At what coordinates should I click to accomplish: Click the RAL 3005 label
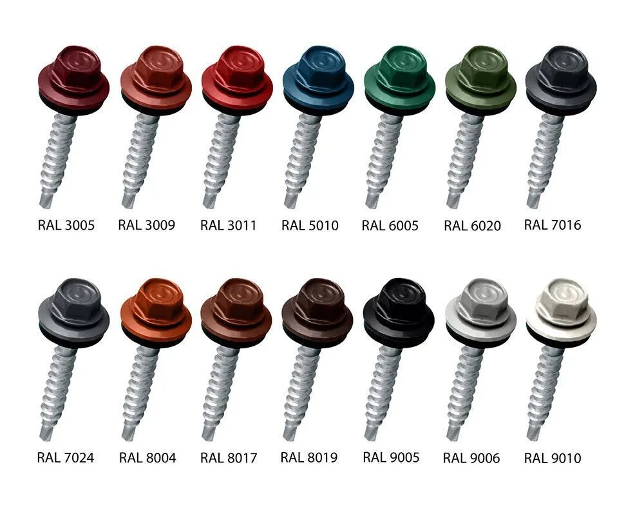pyautogui.click(x=66, y=225)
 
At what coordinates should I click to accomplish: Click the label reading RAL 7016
pyautogui.click(x=553, y=224)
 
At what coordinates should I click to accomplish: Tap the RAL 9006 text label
pyautogui.click(x=471, y=458)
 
